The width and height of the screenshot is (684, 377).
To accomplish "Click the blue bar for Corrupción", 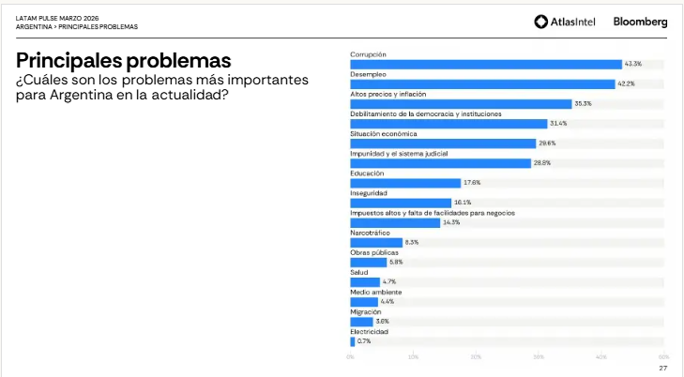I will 486,64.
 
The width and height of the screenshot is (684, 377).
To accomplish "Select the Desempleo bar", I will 482,83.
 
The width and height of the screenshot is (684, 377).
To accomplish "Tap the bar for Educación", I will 405,183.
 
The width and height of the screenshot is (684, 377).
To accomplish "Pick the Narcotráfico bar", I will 376,242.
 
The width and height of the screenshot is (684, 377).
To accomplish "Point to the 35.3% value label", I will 583,103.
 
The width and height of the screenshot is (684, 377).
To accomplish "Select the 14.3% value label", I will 451,222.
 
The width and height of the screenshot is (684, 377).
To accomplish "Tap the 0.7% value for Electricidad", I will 364,341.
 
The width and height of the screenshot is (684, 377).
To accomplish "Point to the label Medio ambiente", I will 374,292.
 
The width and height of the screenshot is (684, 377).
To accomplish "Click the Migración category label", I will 365,311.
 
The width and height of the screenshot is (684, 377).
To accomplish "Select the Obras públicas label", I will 374,252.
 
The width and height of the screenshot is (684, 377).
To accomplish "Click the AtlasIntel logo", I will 567,22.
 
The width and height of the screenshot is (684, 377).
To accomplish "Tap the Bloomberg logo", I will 641,22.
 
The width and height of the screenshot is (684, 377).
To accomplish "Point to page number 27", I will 662,368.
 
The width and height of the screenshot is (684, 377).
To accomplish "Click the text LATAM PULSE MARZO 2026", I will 56,18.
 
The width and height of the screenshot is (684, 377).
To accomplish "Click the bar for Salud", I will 365,281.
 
